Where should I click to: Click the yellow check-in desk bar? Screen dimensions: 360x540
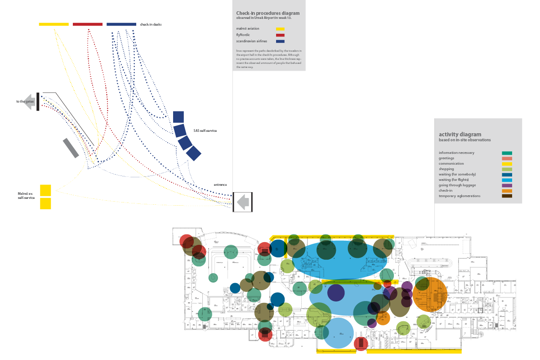coord(54,24)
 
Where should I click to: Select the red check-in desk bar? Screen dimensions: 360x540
coord(88,24)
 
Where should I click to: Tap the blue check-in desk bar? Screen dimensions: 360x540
coord(121,24)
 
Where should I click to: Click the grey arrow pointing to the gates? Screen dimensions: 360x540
coord(30,101)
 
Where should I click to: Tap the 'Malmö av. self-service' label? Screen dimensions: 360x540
coord(26,195)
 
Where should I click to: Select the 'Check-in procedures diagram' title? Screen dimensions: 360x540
coord(268,13)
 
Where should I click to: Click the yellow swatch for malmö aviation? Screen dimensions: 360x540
coord(280,29)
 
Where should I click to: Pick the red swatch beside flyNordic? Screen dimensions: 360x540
coord(280,35)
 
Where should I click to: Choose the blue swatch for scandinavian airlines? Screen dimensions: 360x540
coord(280,41)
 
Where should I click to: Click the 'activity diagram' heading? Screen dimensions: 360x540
coord(460,134)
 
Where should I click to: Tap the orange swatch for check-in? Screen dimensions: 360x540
coord(507,190)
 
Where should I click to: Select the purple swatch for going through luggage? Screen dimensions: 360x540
coord(507,185)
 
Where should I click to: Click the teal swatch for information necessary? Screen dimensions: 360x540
coord(507,153)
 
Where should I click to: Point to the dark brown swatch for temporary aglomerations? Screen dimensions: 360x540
coord(507,196)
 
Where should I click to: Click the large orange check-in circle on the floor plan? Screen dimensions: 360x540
coord(430,295)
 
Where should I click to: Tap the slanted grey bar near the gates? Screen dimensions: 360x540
coord(71,148)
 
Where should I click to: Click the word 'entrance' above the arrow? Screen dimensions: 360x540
coord(220,184)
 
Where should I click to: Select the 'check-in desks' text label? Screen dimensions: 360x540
coord(151,24)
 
